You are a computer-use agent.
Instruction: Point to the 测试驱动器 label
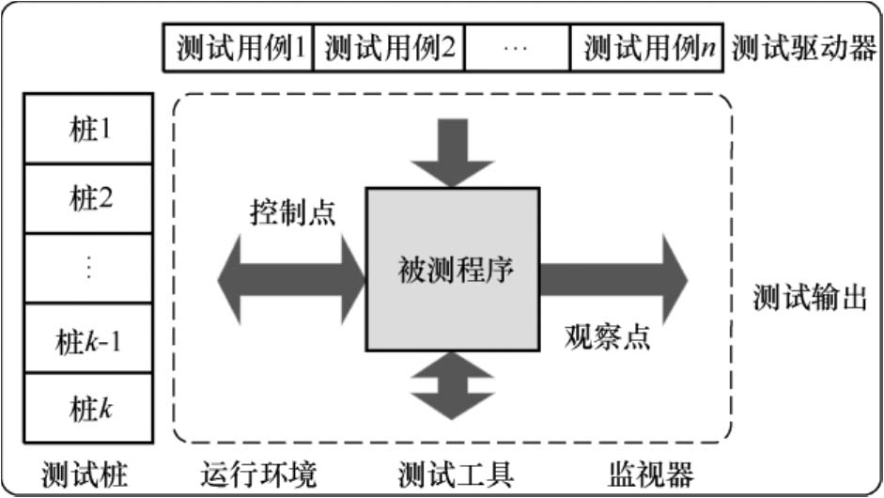click(x=803, y=48)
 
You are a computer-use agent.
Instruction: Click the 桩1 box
click(x=90, y=129)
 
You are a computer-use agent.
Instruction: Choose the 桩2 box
click(x=90, y=198)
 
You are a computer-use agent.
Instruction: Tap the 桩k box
click(x=90, y=409)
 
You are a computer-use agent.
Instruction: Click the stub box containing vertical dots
click(x=90, y=269)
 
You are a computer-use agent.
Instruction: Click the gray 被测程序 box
click(x=453, y=269)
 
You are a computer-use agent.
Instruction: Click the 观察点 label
click(x=607, y=336)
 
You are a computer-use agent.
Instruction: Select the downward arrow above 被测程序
click(x=453, y=151)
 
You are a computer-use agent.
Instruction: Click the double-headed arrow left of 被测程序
click(x=291, y=278)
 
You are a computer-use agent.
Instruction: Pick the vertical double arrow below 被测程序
click(x=453, y=384)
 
